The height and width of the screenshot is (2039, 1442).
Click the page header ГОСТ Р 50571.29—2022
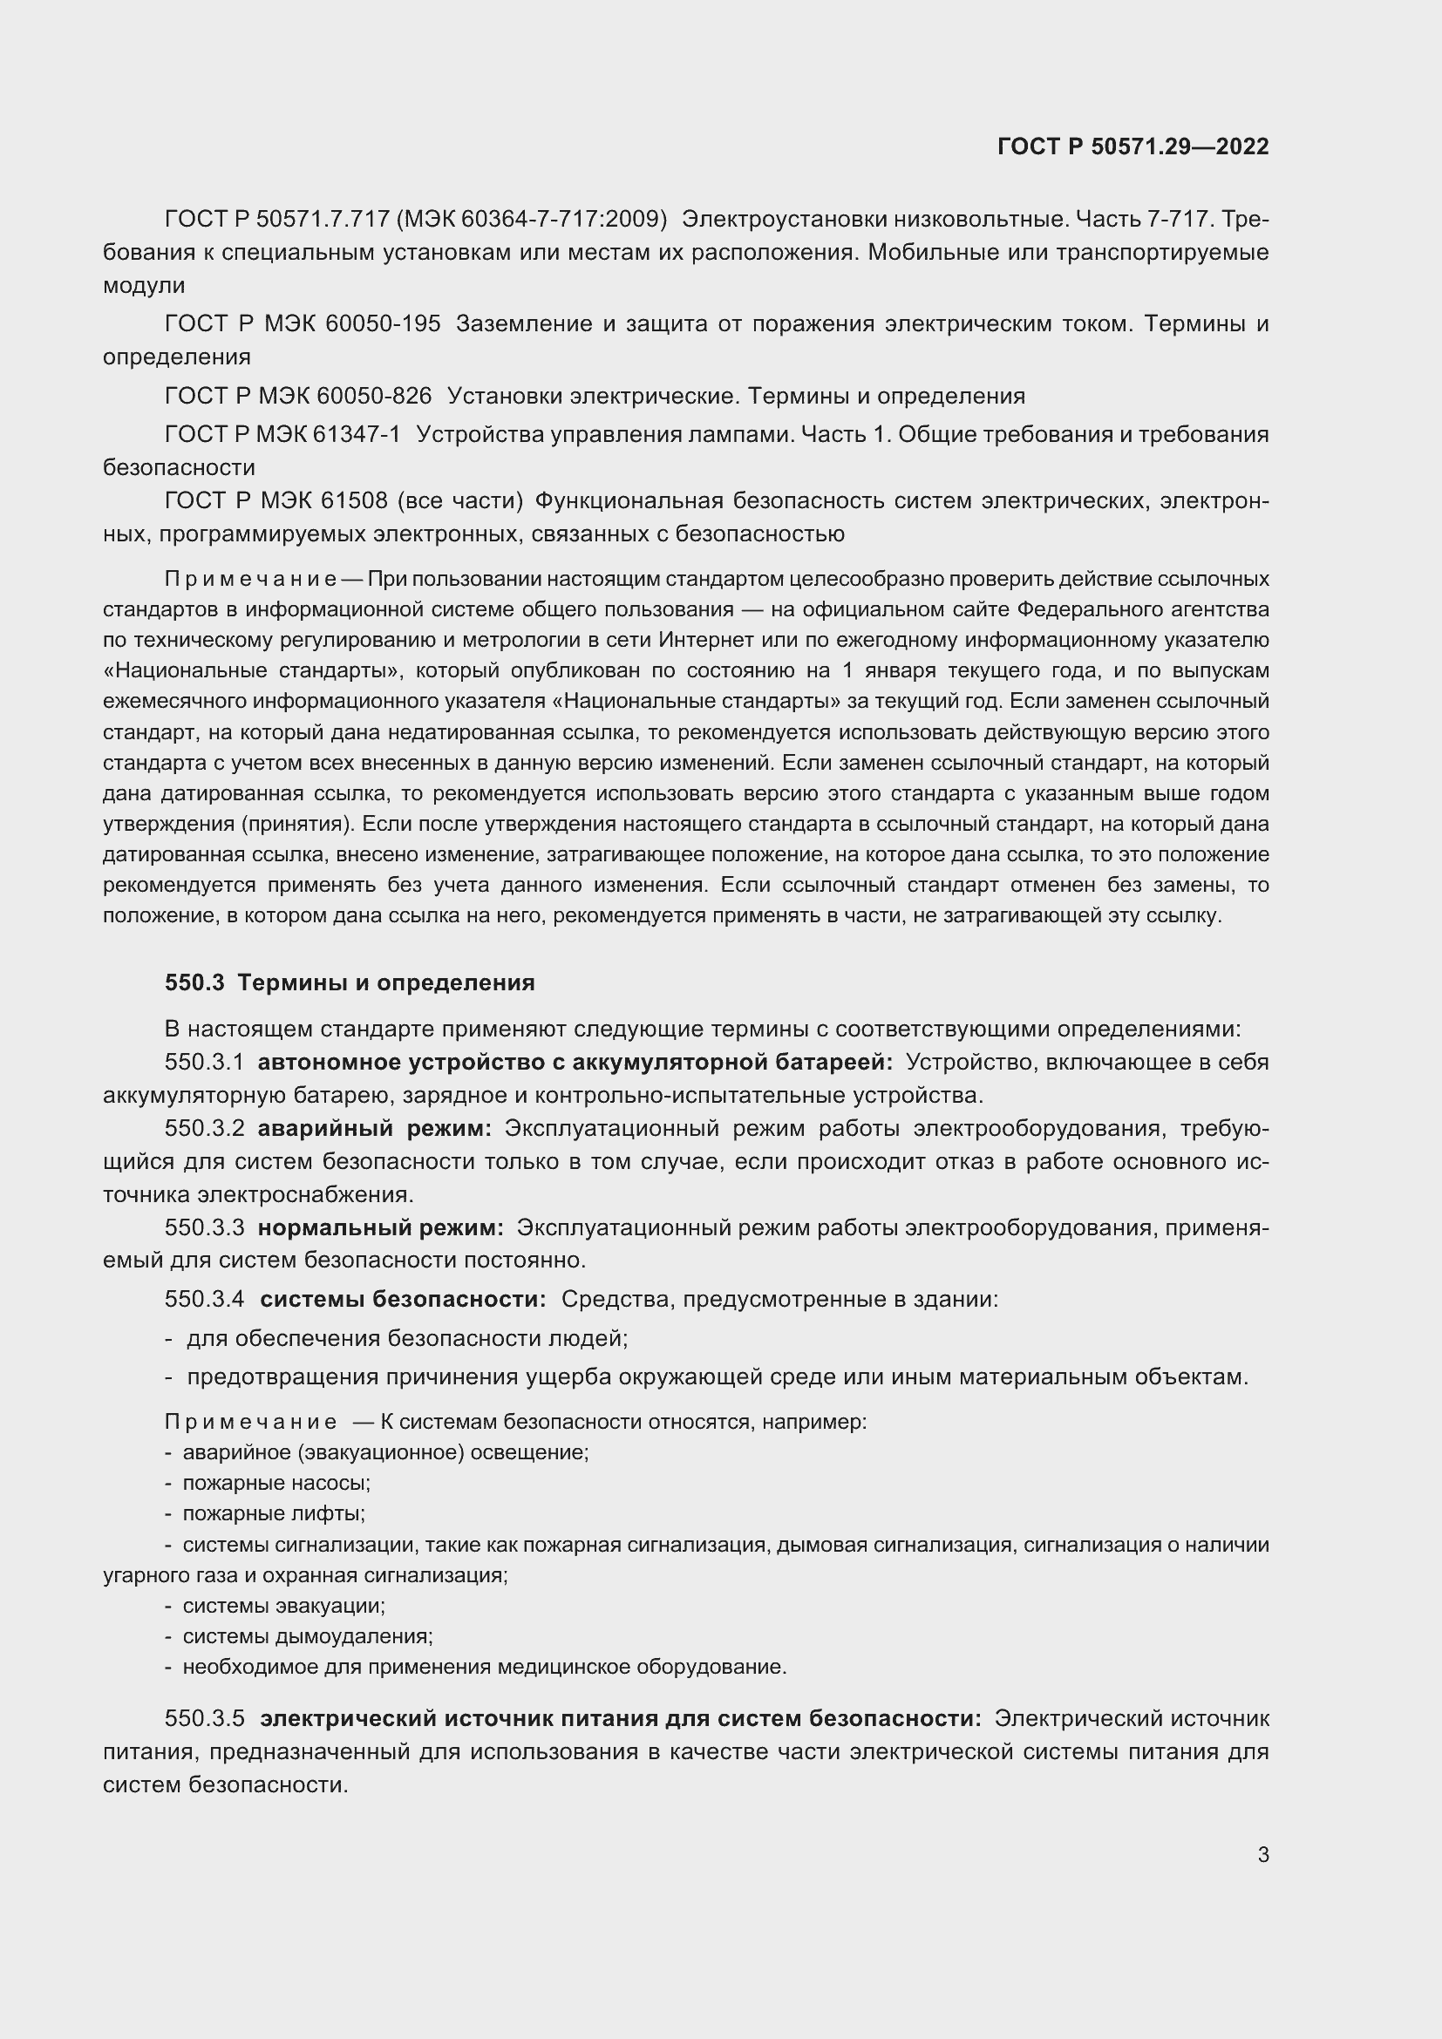[x=1133, y=146]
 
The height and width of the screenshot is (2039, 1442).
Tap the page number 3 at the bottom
[x=1262, y=1855]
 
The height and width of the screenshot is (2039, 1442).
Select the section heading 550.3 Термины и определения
[x=350, y=983]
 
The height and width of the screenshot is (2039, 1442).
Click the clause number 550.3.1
[x=204, y=1062]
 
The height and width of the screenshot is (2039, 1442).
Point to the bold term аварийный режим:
[x=375, y=1129]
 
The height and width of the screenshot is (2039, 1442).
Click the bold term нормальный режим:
[x=381, y=1228]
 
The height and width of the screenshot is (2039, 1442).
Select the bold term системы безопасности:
[x=403, y=1299]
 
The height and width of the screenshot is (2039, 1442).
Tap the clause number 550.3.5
[x=204, y=1718]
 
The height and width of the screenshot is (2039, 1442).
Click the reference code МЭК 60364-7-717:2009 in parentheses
[x=531, y=219]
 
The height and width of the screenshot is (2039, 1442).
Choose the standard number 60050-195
[x=383, y=324]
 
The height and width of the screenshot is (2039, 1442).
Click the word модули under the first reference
[x=144, y=286]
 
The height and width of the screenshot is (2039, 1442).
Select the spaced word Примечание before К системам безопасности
[x=250, y=1422]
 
